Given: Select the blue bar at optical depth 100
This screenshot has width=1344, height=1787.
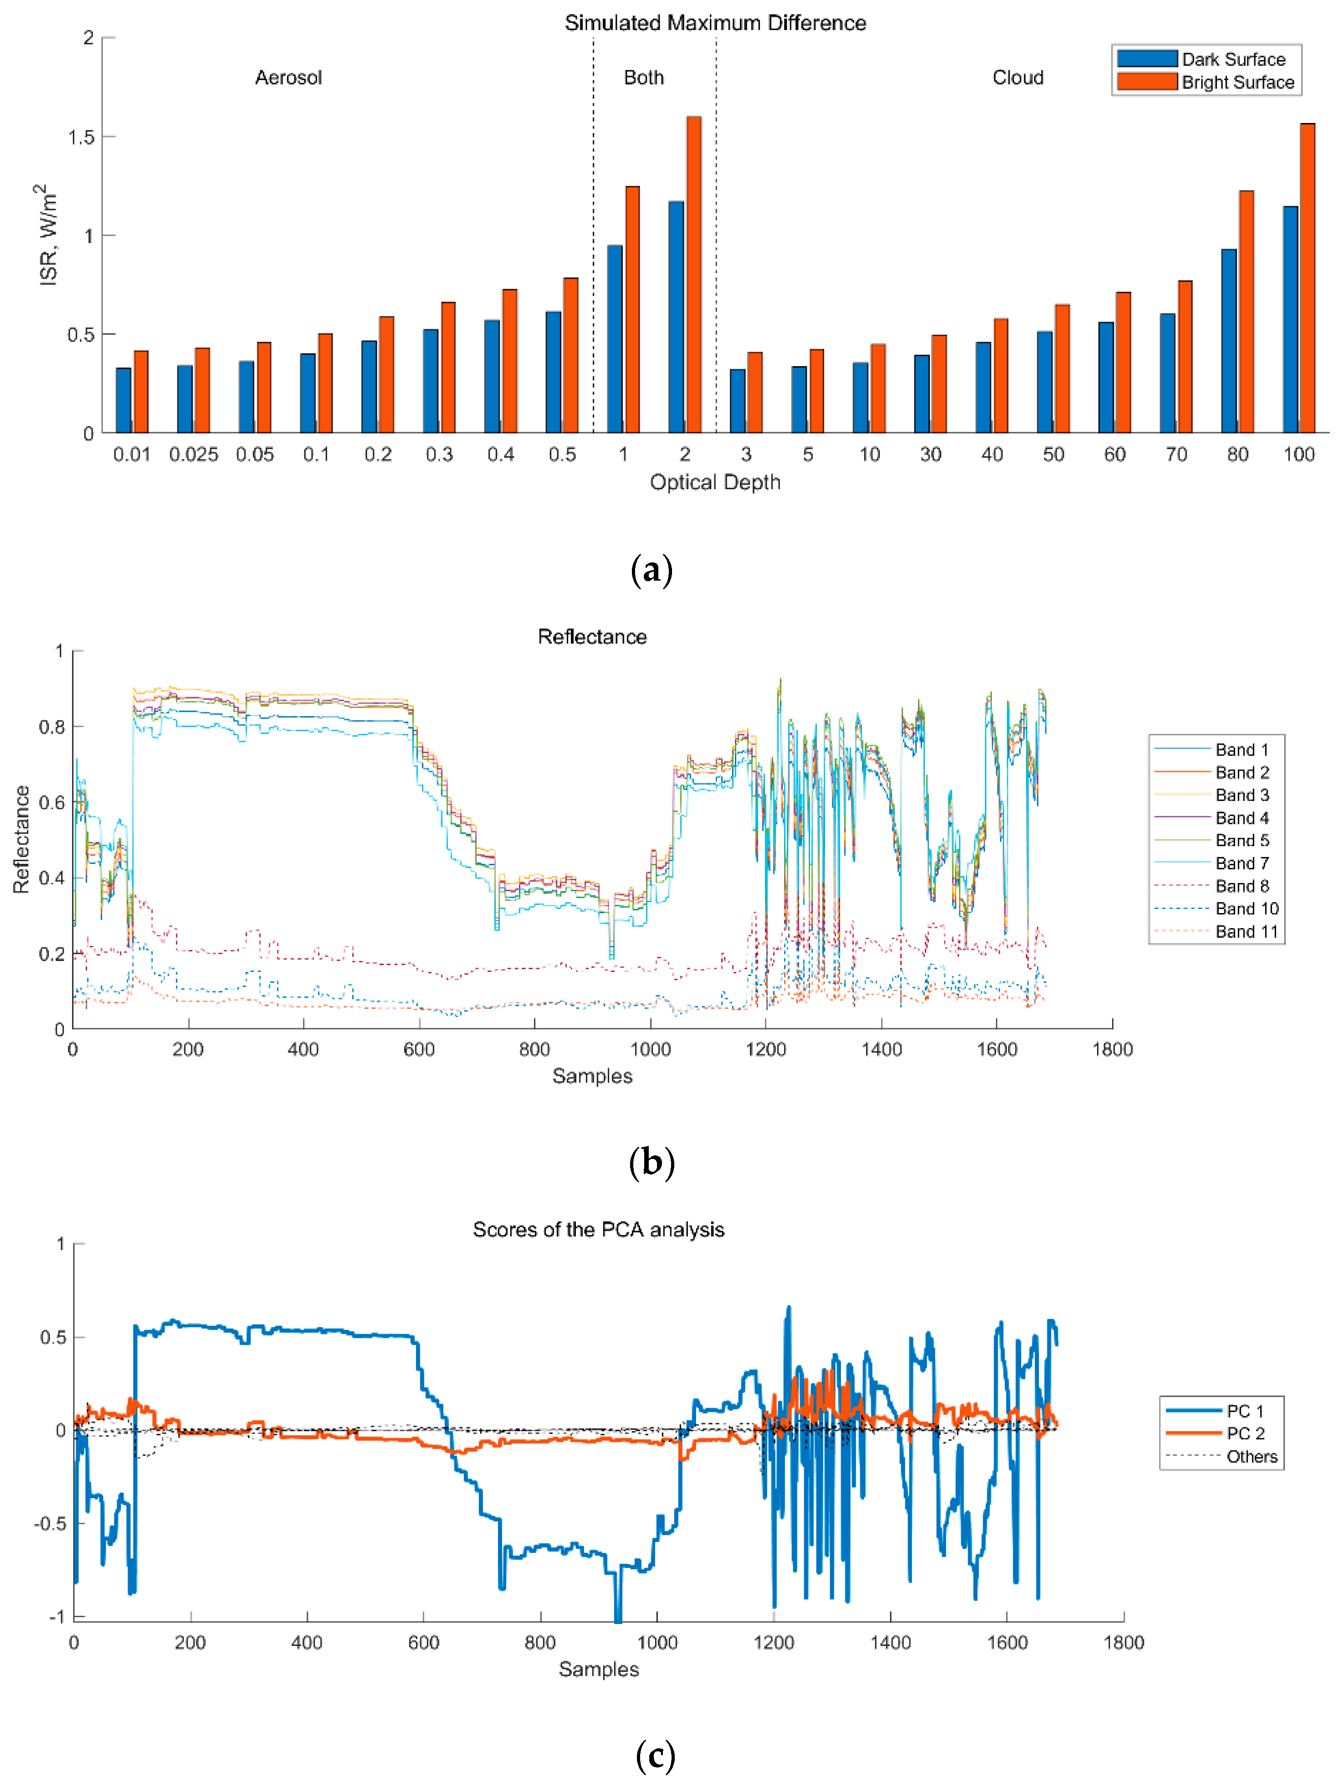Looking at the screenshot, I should [x=1290, y=320].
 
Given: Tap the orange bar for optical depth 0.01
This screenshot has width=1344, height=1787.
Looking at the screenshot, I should [x=141, y=392].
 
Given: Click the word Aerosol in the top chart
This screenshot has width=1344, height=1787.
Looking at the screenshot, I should [x=288, y=77].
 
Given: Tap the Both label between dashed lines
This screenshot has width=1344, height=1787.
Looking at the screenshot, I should [x=643, y=77].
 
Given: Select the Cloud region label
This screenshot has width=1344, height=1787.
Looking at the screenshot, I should [x=1017, y=77].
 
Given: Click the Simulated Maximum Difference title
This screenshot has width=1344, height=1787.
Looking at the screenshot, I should [x=714, y=23].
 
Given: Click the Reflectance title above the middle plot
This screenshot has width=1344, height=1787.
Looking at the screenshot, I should [x=591, y=637].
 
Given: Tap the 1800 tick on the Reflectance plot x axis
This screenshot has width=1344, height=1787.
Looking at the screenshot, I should [x=1112, y=1049].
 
